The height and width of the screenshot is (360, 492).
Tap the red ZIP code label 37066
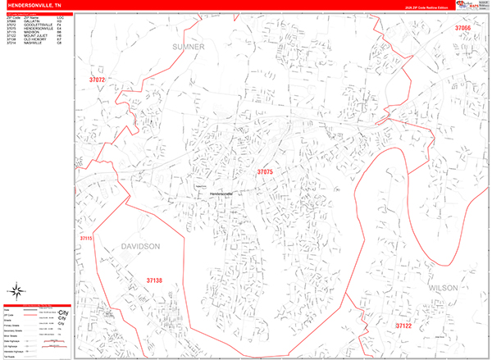(x=462, y=28)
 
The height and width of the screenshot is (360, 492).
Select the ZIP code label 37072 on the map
(x=98, y=80)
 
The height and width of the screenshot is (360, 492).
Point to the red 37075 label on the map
(x=264, y=172)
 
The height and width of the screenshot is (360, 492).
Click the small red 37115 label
(x=87, y=238)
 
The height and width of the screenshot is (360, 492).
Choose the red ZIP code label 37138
(x=155, y=281)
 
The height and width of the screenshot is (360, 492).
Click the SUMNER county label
(x=189, y=48)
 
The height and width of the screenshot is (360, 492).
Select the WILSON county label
(x=442, y=288)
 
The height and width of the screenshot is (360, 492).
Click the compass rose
(x=16, y=290)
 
